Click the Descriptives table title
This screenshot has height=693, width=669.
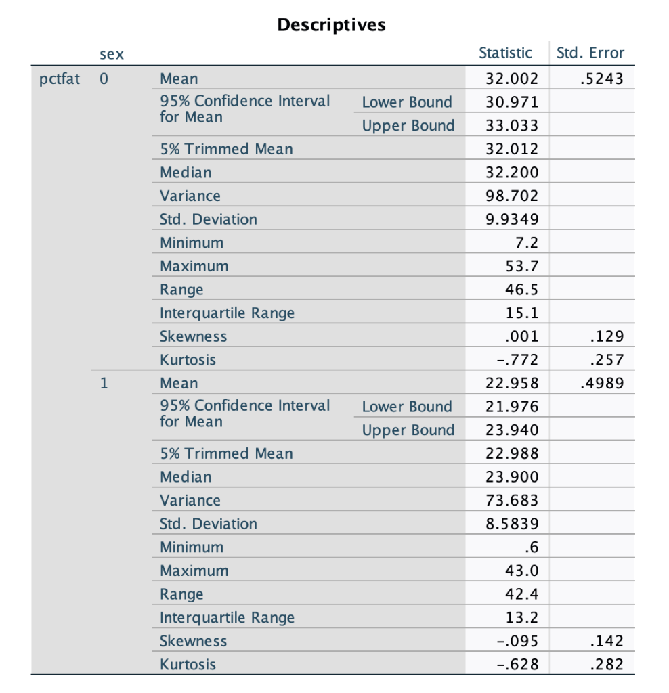point(331,25)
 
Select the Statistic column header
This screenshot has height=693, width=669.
point(505,53)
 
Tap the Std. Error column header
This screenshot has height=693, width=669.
point(590,53)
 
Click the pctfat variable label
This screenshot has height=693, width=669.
point(59,79)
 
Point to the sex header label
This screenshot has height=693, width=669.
point(112,53)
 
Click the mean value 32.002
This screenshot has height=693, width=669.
point(513,79)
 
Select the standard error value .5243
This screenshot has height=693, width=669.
point(602,79)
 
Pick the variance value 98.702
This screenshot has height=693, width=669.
point(513,196)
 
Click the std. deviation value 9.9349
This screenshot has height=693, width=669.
point(513,219)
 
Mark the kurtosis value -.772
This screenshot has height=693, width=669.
point(519,359)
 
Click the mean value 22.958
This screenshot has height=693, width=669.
point(513,383)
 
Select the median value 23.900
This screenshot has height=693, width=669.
point(513,477)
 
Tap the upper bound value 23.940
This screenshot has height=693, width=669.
point(513,430)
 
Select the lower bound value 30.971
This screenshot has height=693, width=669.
point(513,102)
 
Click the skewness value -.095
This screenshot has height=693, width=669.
point(519,641)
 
